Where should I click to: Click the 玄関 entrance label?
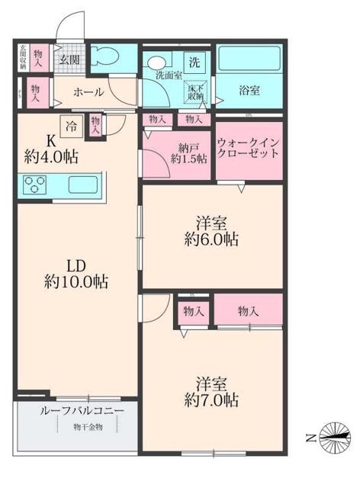(x=71, y=59)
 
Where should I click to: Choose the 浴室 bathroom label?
(x=249, y=91)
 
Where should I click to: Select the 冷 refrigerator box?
(x=70, y=127)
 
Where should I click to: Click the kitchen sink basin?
(x=83, y=184)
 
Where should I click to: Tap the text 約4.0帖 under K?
(x=53, y=158)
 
